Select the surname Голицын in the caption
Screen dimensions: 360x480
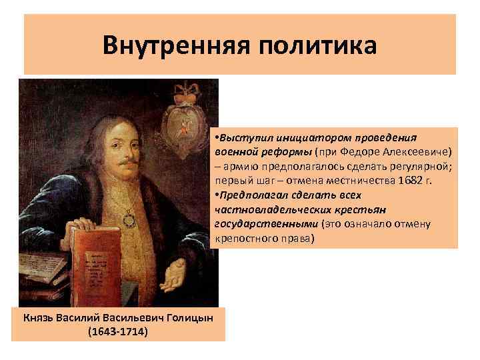click(x=189, y=318)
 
